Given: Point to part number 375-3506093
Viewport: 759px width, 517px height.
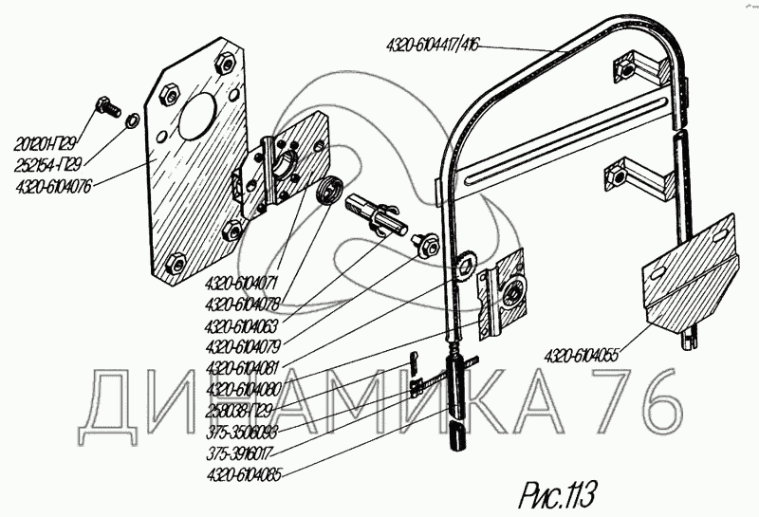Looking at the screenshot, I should point(240,431).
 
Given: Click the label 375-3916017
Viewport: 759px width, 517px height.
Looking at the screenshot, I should point(240,452).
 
